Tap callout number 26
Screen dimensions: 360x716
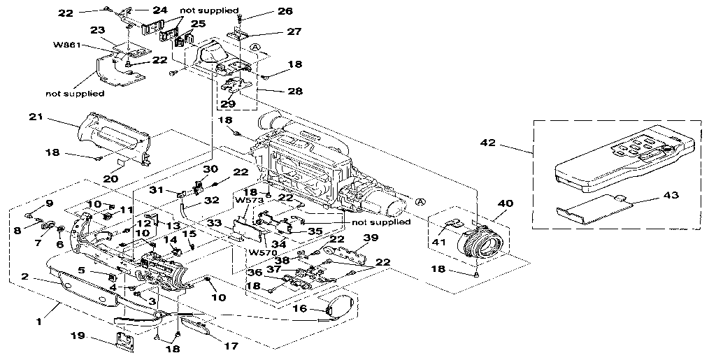(x=285, y=12)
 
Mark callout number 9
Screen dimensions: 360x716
(x=49, y=203)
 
